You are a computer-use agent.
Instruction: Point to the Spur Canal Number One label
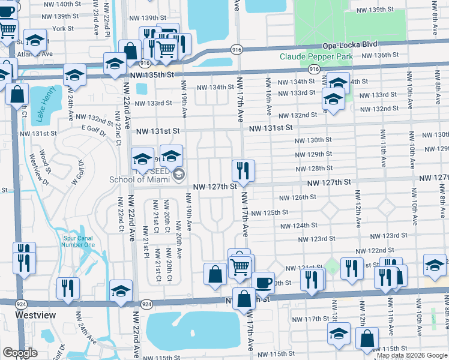79,241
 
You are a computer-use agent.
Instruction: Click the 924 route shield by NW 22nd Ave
145,305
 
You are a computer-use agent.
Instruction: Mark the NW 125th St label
270,212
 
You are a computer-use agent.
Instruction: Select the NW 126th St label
297,197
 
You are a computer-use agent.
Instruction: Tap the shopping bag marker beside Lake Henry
18,95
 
